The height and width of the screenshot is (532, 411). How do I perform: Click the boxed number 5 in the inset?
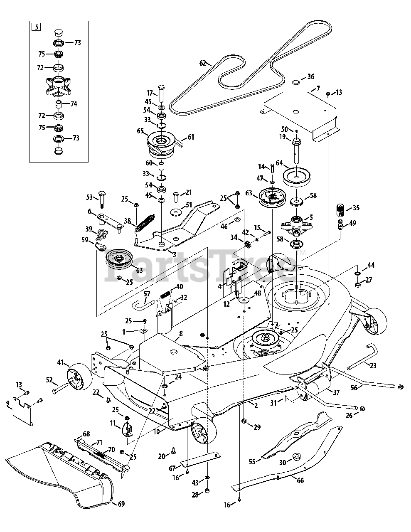pyautogui.click(x=37, y=27)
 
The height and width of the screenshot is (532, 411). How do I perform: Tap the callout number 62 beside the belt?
pyautogui.click(x=203, y=63)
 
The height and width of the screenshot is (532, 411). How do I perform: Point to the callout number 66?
pyautogui.click(x=300, y=480)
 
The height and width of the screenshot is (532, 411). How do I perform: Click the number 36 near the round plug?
pyautogui.click(x=310, y=76)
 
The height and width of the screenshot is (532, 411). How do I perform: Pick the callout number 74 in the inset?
pyautogui.click(x=74, y=104)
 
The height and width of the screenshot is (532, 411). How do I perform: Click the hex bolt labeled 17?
pyautogui.click(x=162, y=94)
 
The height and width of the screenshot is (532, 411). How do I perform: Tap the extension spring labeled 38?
pyautogui.click(x=145, y=223)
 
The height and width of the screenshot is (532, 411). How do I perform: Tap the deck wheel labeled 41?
pyautogui.click(x=79, y=377)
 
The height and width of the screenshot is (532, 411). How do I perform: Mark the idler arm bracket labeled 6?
pyautogui.click(x=110, y=222)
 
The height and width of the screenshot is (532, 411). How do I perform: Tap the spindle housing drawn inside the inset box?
pyautogui.click(x=59, y=86)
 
